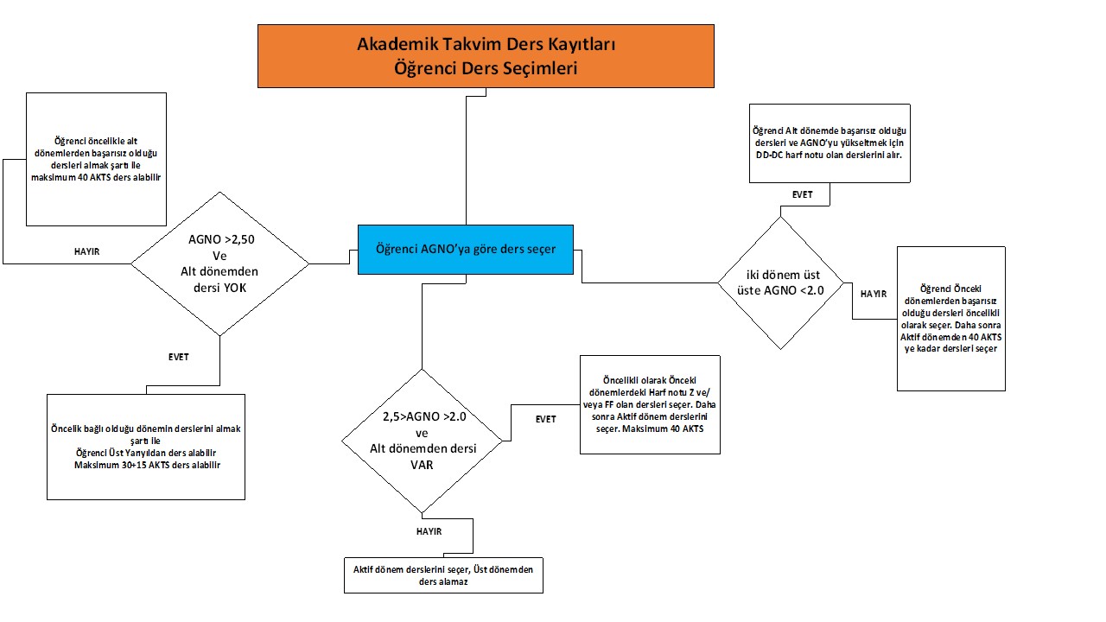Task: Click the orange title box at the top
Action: coord(486,55)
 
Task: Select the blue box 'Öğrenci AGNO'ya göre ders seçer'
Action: coord(465,249)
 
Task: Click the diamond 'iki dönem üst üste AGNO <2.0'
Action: coord(780,282)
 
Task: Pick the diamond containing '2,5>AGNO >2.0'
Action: coord(422,441)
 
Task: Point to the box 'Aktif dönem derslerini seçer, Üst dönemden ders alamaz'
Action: coord(443,575)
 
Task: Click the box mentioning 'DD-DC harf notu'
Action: coord(829,142)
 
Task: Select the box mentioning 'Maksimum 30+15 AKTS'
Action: coord(146,446)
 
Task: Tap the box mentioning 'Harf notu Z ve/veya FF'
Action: coord(650,403)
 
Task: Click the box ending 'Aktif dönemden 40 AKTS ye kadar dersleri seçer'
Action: coord(950,318)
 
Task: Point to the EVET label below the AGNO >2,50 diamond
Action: coord(178,357)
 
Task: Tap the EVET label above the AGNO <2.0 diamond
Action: coord(802,195)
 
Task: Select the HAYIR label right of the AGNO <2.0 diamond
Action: coord(874,294)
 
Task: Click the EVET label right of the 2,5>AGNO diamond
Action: coord(545,420)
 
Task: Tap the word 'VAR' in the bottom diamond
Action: coord(422,464)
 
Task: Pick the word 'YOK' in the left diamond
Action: coord(234,288)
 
